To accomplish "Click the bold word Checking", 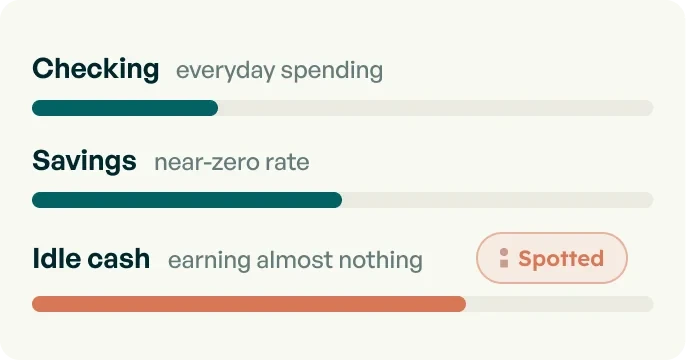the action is [x=95, y=70].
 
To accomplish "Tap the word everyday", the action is [x=225, y=71].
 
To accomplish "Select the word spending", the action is [x=332, y=71].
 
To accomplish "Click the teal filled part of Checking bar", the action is [x=125, y=108].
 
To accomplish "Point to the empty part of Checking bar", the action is [x=436, y=108].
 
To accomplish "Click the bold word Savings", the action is [x=84, y=161].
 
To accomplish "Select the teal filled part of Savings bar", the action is [x=187, y=200].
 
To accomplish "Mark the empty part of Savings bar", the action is [x=498, y=200].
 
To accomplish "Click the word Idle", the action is [x=56, y=259].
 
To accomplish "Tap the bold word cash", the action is [x=119, y=259].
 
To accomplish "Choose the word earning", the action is [x=209, y=261].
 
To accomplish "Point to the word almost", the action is [x=294, y=260].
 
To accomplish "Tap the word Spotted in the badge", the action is [x=561, y=259].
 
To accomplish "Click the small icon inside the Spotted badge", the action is [x=504, y=258].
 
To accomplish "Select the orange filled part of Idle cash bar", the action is [x=249, y=304].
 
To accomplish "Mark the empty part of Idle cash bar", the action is [x=560, y=304].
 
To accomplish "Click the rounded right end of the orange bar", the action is [x=462, y=304].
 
